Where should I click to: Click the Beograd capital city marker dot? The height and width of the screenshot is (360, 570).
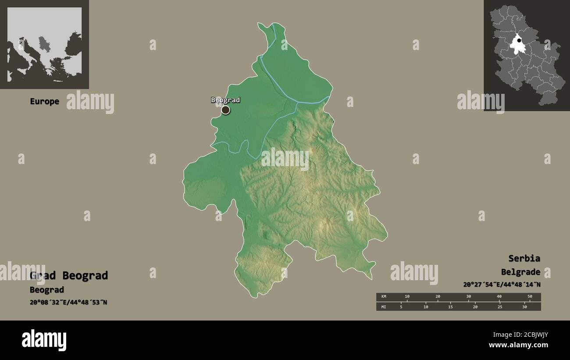click(x=225, y=110)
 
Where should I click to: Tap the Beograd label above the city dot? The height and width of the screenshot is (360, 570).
click(x=225, y=100)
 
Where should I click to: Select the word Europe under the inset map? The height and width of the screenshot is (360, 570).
click(x=44, y=101)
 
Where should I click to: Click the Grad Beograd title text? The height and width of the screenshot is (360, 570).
click(x=69, y=276)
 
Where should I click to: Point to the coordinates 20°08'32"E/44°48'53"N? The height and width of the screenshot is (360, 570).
click(x=68, y=302)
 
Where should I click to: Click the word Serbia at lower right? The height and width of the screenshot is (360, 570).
click(x=524, y=258)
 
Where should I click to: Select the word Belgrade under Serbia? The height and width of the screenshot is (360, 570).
click(x=520, y=272)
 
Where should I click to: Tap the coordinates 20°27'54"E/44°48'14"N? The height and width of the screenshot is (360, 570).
click(x=502, y=284)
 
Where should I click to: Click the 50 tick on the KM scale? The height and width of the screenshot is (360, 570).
click(x=530, y=297)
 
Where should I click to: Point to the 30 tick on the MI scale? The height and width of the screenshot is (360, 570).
click(x=524, y=307)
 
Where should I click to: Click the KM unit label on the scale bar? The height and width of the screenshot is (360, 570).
click(x=384, y=297)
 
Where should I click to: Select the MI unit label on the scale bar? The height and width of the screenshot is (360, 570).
click(x=384, y=307)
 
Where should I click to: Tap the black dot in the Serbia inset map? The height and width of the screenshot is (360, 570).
click(x=519, y=41)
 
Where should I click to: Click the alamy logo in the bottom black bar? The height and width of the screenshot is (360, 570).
click(x=44, y=340)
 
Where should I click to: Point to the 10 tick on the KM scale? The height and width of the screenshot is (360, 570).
click(x=407, y=297)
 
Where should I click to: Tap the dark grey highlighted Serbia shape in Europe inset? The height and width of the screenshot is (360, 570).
click(x=44, y=43)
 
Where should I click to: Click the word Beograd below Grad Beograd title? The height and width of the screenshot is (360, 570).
click(x=47, y=290)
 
